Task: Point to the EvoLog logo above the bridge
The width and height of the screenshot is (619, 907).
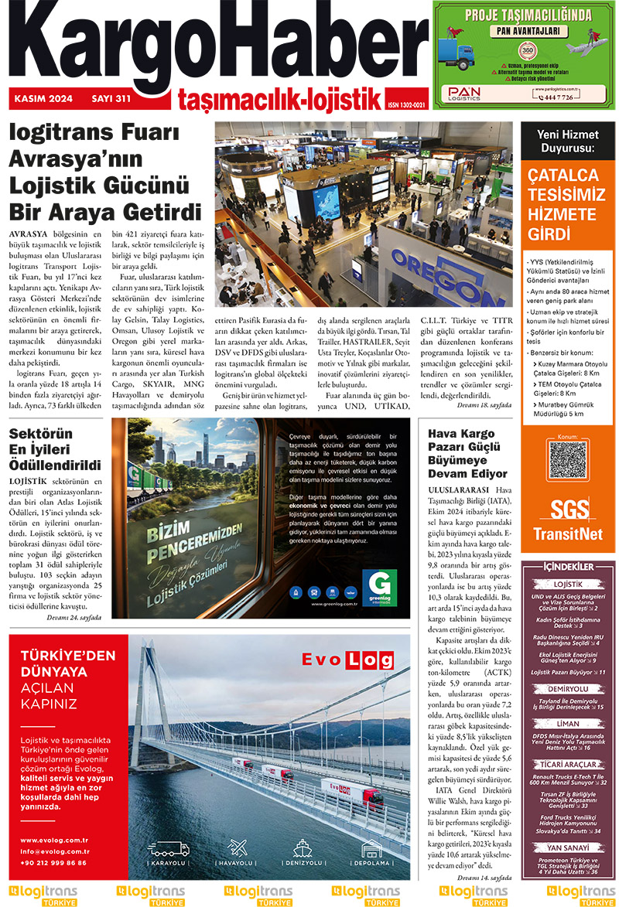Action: point(343,660)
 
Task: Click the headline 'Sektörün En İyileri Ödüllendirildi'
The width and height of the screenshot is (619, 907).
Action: point(54,450)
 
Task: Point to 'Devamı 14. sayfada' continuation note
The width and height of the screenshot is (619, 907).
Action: point(484,878)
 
